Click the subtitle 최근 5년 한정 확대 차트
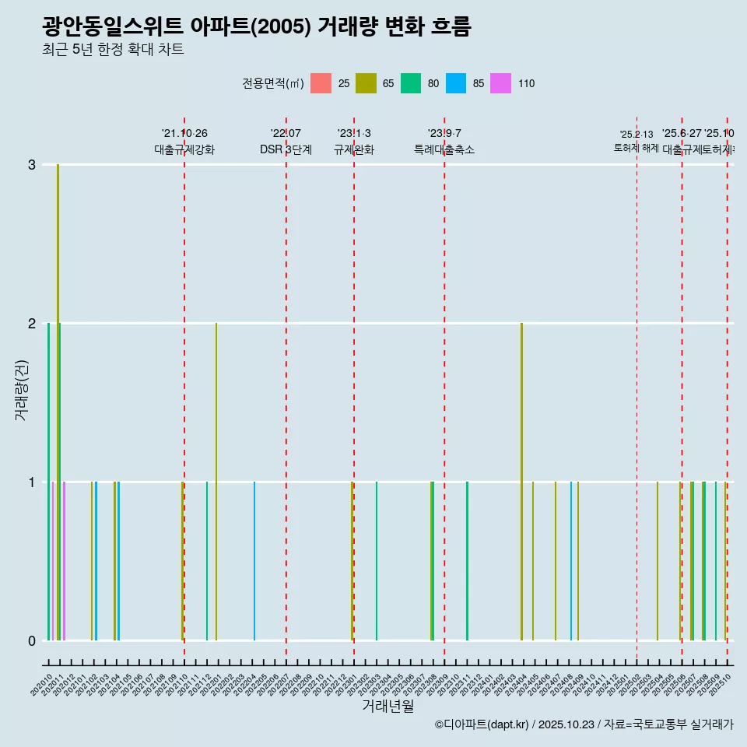coord(113,51)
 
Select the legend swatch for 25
coord(321,83)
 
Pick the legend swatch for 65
coord(366,83)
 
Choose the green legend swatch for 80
coord(411,83)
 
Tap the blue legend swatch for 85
coord(456,83)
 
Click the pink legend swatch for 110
coord(501,83)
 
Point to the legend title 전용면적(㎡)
coord(273,83)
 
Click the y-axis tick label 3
coord(32,165)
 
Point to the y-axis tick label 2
coord(32,324)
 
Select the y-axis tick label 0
coord(32,641)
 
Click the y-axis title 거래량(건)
coord(22,390)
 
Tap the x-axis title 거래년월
coord(388,706)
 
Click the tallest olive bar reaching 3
coord(58,389)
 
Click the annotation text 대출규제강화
coord(184,149)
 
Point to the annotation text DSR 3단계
coord(286,149)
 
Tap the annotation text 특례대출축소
coord(444,149)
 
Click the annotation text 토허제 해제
coord(637,147)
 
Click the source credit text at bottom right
coord(584,724)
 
